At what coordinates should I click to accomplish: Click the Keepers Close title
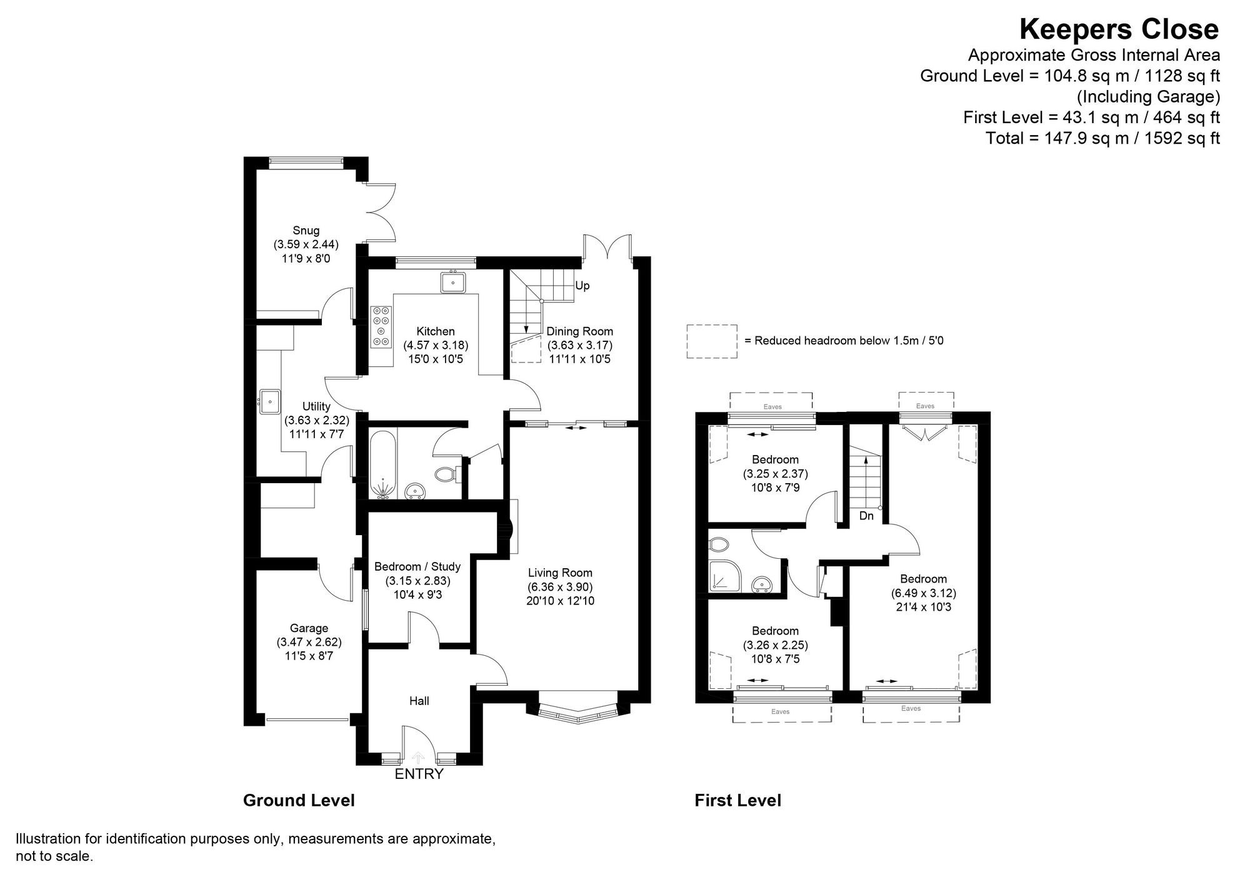1119,29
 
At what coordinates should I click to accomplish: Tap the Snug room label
306,231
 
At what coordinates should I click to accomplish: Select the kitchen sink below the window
452,283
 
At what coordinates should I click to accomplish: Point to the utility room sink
271,401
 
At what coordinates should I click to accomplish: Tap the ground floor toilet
445,474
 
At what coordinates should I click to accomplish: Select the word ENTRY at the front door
419,774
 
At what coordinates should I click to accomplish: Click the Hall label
419,701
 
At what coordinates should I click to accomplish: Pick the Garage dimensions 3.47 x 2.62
309,642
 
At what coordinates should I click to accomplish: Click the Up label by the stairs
582,286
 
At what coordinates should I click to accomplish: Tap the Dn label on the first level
866,516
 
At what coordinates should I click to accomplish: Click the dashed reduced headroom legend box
712,341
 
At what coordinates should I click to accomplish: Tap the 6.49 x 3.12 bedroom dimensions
923,593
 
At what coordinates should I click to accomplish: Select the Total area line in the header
1102,138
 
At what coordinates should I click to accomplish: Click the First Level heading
737,800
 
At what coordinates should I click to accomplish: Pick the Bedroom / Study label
417,566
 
